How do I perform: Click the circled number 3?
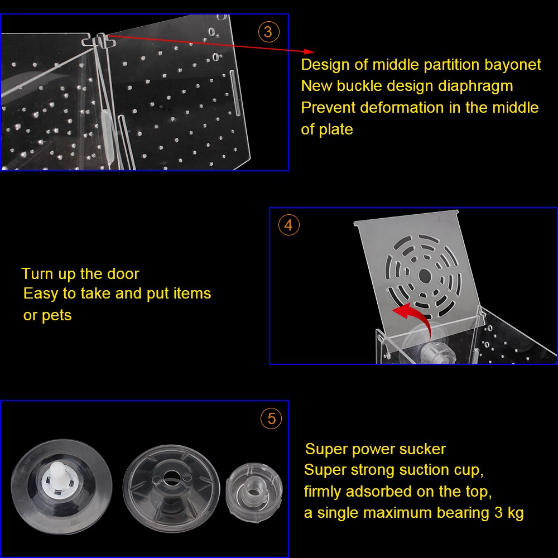269,32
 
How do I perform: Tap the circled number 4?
288,225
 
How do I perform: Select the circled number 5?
271,419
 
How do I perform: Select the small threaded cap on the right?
254,488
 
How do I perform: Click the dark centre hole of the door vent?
425,275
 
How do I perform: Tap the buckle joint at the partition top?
99,41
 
